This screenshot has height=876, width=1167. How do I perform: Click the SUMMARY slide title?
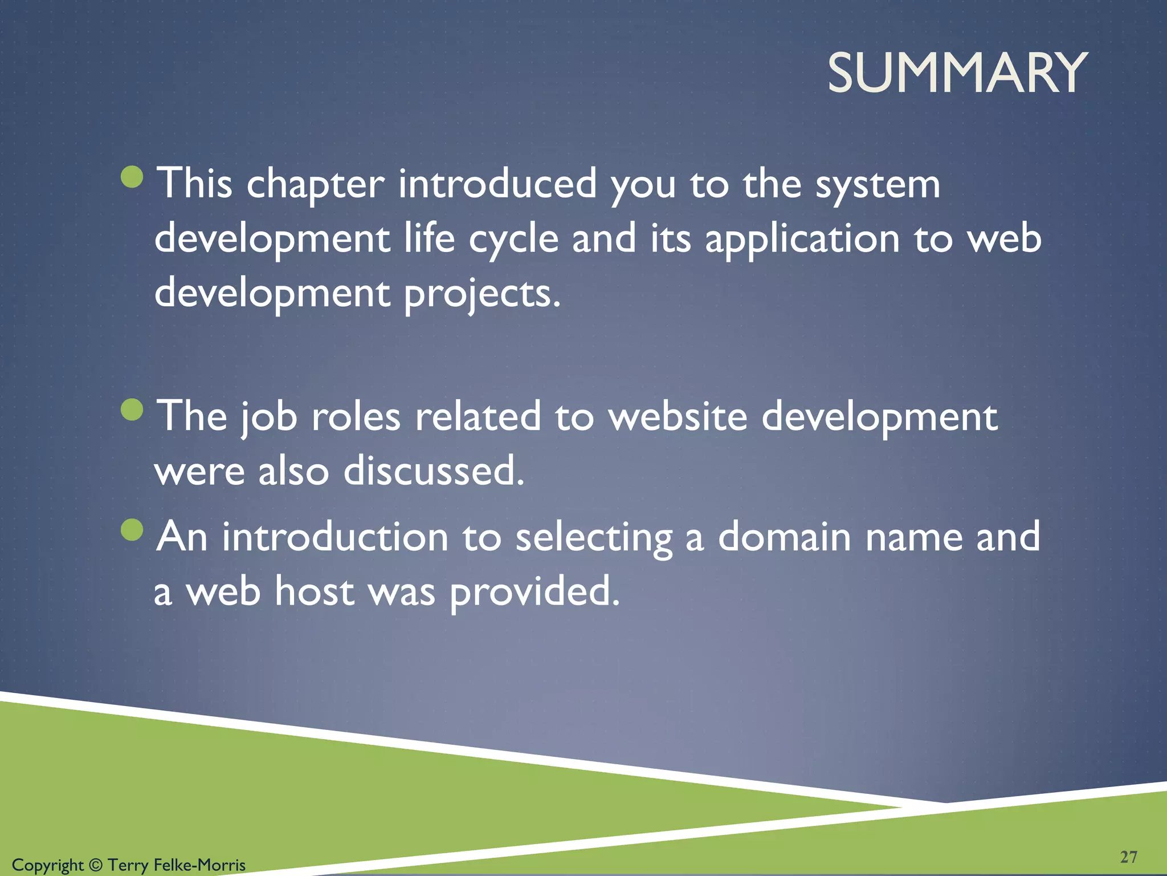tap(957, 72)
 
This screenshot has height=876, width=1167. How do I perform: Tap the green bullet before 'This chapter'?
tap(132, 177)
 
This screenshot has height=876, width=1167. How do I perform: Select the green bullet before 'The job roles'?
tap(132, 409)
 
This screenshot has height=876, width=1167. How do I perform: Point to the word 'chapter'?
tap(315, 184)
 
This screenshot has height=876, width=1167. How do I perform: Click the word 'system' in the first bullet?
tap(878, 185)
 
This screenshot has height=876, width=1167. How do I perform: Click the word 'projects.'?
tap(483, 294)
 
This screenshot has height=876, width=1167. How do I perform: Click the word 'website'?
tap(678, 416)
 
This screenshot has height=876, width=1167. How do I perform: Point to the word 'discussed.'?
tap(434, 471)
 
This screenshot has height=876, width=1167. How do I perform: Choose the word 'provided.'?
tap(534, 592)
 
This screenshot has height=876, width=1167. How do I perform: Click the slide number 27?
tap(1128, 857)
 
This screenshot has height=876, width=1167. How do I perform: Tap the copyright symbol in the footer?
tap(96, 865)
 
